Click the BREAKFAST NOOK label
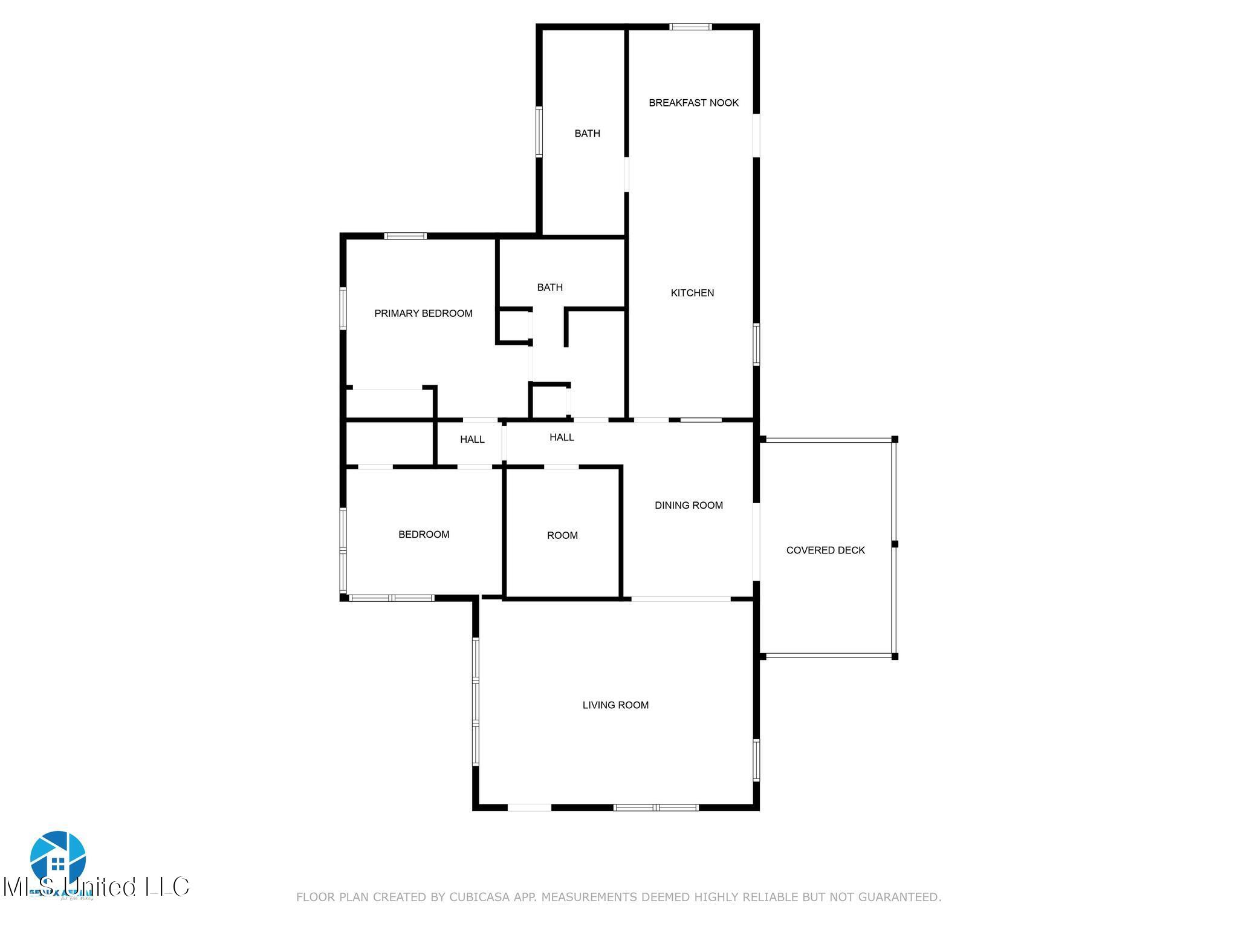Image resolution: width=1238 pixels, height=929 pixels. pos(693,103)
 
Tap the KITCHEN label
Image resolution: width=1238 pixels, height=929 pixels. pos(692,293)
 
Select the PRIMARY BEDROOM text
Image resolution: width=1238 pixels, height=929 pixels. pos(423,313)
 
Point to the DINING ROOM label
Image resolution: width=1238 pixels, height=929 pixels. pos(689,505)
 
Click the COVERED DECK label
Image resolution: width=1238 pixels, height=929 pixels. pos(825,550)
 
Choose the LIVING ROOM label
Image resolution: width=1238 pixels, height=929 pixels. pos(615,705)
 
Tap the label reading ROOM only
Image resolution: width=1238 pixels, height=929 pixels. pos(562,535)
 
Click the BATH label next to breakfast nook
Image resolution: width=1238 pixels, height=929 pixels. pos(587,133)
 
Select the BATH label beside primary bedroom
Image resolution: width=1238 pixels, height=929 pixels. pos(549,287)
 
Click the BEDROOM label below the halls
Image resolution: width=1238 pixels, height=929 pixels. pos(424,534)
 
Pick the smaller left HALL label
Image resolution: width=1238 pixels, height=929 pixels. pos(472,439)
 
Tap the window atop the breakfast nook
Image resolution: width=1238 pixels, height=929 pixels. pos(690,27)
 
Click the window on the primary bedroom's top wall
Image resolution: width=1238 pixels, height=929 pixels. pos(406,236)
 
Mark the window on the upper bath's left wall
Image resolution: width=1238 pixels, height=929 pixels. pos(539,131)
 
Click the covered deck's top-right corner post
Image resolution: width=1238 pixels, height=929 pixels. pos(895,439)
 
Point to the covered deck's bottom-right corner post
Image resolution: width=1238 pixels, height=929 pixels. pos(895,656)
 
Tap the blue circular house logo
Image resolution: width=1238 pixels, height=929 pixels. pos(58,858)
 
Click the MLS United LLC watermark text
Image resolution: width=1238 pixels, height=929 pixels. pos(97,887)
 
